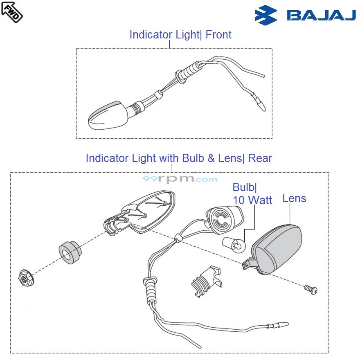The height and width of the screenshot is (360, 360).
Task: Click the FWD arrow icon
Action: pyautogui.click(x=12, y=12)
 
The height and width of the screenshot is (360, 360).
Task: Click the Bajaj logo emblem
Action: pyautogui.click(x=265, y=16)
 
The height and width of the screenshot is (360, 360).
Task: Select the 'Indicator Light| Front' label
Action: pyautogui.click(x=180, y=35)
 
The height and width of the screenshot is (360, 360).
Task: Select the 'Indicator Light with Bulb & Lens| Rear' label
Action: pyautogui.click(x=179, y=158)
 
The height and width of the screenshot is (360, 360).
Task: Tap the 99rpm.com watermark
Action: pyautogui.click(x=180, y=179)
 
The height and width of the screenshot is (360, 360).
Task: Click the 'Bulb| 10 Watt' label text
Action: pyautogui.click(x=252, y=193)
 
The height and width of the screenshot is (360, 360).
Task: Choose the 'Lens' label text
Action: pyautogui.click(x=294, y=198)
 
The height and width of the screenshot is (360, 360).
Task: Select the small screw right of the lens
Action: pyautogui.click(x=311, y=289)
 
